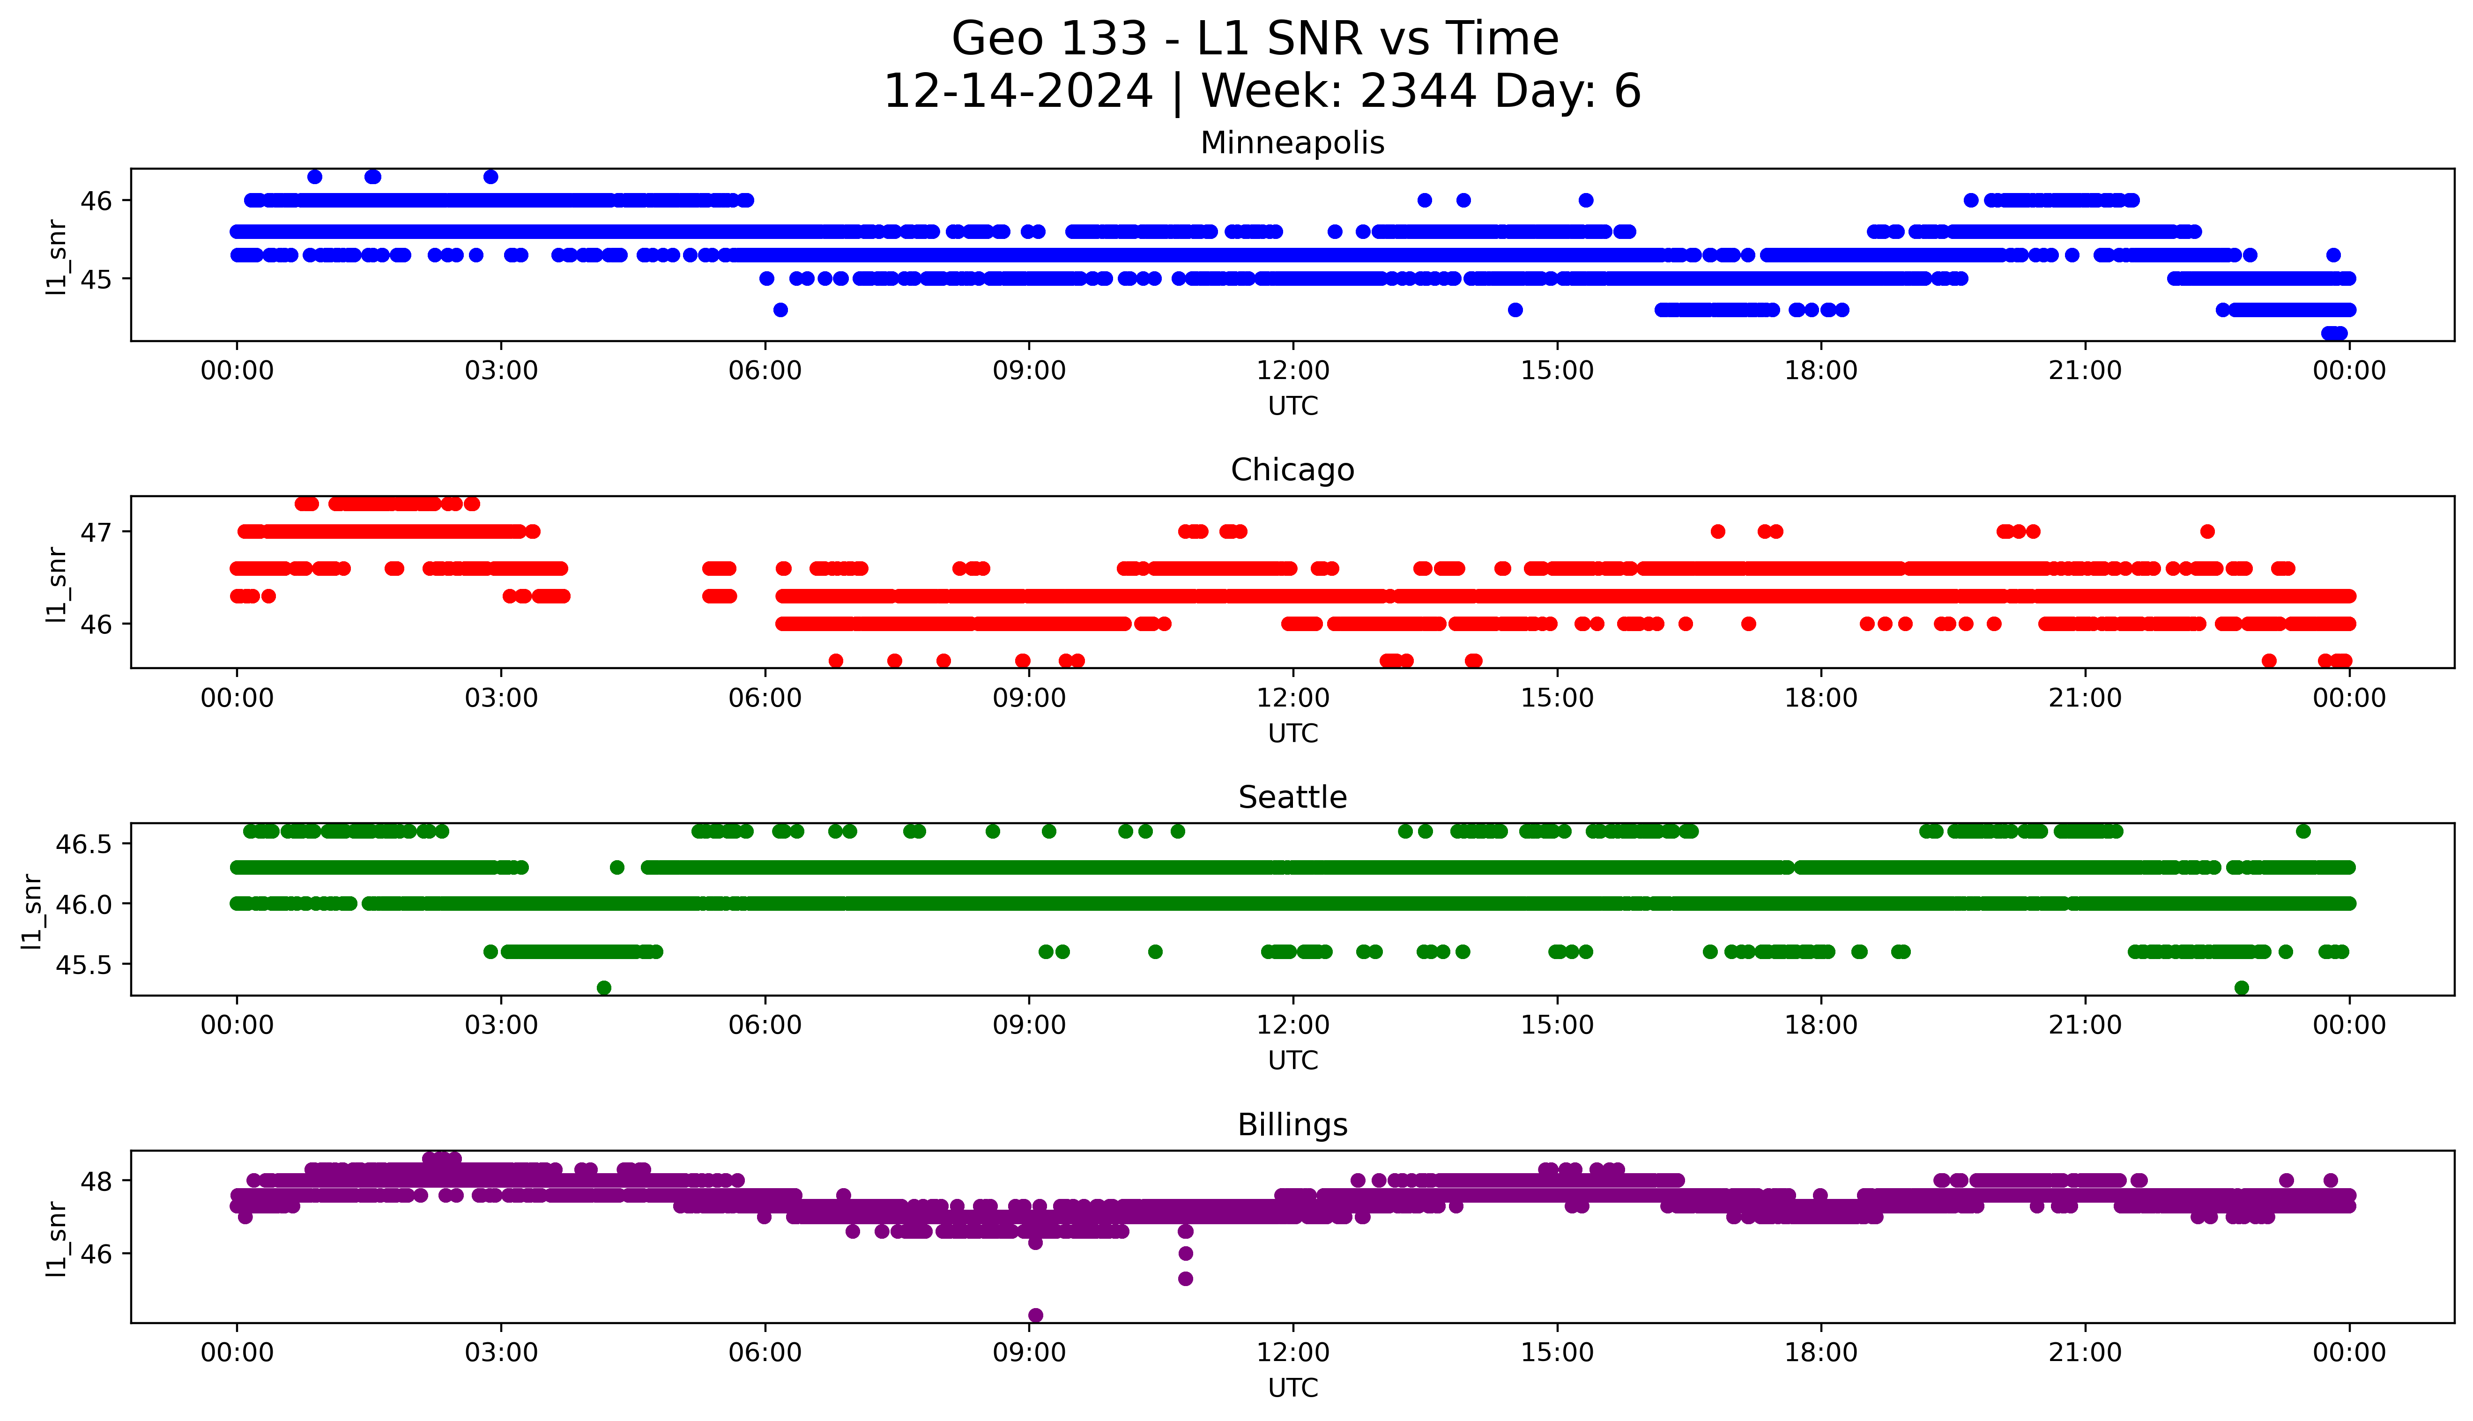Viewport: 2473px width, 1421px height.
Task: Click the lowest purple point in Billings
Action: (x=1035, y=1315)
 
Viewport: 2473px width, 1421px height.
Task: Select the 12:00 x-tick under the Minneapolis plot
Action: (x=1292, y=371)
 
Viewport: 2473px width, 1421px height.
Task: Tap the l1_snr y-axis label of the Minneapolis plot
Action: (x=57, y=257)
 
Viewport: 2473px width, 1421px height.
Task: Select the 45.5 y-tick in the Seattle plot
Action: (x=84, y=964)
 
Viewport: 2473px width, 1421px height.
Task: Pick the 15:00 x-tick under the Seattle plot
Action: (x=1557, y=1025)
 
